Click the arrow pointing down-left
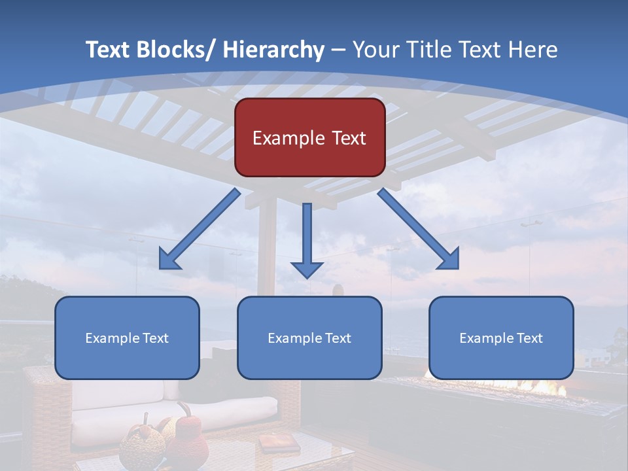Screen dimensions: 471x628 pos(200,229)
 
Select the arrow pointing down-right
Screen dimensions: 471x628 pos(419,229)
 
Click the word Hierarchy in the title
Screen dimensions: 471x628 pos(273,50)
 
